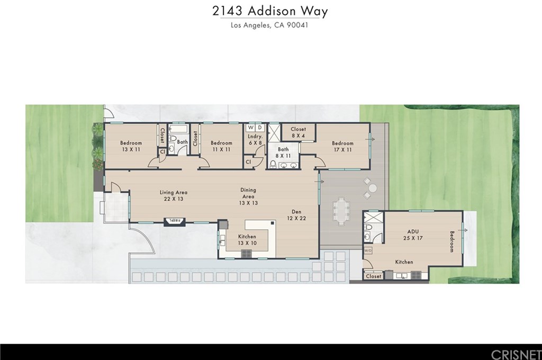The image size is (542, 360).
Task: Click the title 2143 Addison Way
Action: click(270, 12)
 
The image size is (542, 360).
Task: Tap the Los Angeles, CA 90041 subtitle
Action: click(270, 24)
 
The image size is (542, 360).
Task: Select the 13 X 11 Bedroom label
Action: click(131, 146)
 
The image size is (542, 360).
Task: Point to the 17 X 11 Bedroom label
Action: click(342, 146)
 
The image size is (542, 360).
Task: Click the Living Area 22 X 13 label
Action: click(174, 196)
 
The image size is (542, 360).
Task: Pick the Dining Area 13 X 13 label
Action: click(248, 196)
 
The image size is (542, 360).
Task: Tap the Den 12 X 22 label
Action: click(296, 214)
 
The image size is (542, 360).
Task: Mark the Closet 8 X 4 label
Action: click(298, 132)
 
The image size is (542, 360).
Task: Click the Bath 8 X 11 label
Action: click(283, 153)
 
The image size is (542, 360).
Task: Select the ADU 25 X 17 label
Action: click(413, 235)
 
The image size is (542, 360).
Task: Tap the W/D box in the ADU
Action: click(368, 249)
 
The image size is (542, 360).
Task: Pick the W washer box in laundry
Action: click(250, 128)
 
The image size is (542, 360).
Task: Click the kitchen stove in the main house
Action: click(247, 253)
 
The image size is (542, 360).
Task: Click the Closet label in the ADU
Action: click(373, 276)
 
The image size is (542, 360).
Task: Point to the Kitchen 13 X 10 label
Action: click(247, 240)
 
